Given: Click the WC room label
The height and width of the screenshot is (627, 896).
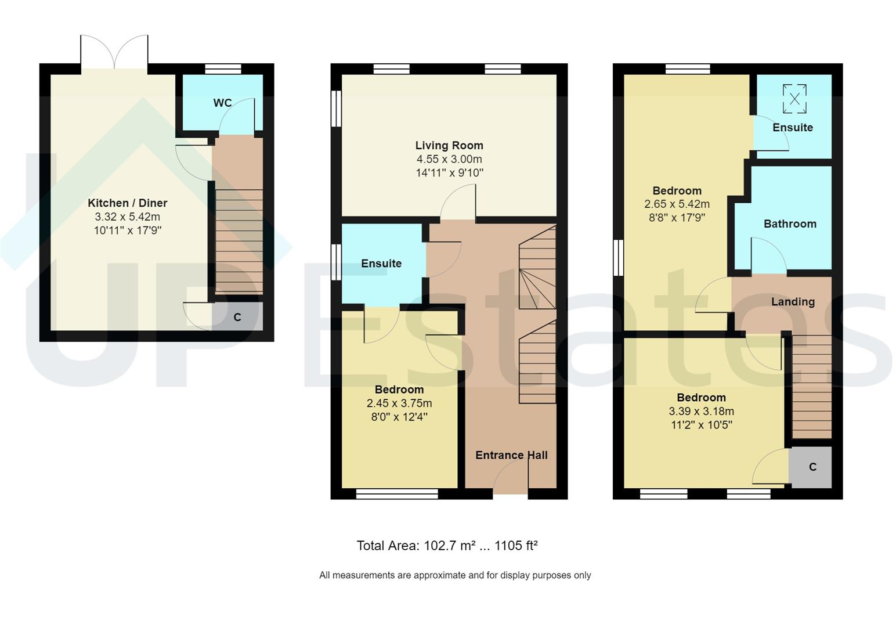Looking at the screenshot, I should [x=222, y=103].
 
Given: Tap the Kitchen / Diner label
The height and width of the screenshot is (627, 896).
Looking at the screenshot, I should [x=127, y=203].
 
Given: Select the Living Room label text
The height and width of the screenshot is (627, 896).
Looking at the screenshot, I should [x=449, y=145].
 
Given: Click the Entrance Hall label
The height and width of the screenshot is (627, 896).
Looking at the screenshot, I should [x=511, y=455].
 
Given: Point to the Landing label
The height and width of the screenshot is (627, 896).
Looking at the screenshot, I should [x=792, y=301].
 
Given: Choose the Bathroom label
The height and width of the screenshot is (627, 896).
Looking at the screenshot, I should [x=789, y=224].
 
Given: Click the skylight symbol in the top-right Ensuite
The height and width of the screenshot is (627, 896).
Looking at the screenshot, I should [x=794, y=98].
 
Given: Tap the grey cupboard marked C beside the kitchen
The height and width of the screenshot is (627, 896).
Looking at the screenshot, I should [x=237, y=317].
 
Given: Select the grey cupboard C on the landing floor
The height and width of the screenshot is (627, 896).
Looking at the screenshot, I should [x=812, y=467].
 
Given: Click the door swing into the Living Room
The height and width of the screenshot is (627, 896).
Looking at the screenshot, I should [x=458, y=203].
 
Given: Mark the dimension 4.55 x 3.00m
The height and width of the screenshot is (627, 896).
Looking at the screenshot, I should [x=449, y=159].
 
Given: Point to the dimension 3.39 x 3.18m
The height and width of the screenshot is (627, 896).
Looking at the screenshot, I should [x=701, y=411].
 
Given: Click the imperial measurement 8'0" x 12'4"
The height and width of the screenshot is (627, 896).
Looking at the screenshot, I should [x=399, y=417].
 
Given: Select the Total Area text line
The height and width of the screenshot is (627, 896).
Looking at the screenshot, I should [x=447, y=546].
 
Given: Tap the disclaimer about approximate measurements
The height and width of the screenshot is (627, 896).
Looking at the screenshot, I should [x=455, y=575].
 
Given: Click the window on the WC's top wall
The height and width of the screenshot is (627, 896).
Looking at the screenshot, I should [x=223, y=69].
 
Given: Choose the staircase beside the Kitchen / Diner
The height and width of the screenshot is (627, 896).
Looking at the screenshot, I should [x=239, y=238].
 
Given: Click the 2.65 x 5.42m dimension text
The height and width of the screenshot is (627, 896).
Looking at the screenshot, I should [x=677, y=204].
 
